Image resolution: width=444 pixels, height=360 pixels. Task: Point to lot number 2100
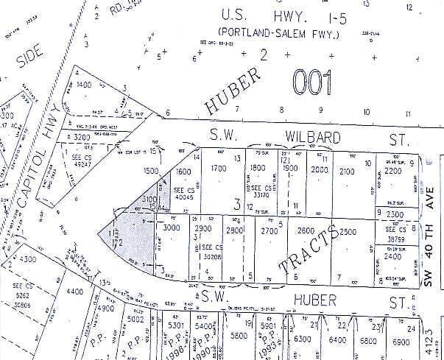348,172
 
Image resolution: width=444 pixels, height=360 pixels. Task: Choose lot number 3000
171,228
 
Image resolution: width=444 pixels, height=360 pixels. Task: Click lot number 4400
76,292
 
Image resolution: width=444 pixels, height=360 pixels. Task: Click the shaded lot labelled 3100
149,200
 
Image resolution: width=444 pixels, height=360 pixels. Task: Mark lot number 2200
394,171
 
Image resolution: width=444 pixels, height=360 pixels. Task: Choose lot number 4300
27,259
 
